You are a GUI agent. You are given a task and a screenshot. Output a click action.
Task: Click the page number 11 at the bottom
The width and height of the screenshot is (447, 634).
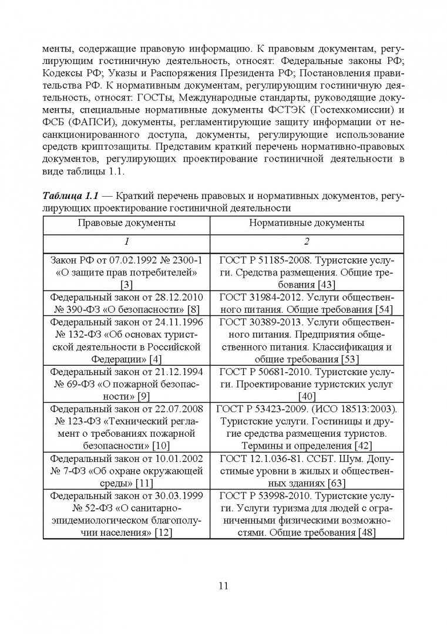click(223, 585)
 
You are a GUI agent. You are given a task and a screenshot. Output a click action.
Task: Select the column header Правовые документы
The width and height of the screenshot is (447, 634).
click(126, 223)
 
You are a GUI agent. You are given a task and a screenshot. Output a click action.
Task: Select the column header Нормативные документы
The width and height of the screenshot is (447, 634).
click(307, 223)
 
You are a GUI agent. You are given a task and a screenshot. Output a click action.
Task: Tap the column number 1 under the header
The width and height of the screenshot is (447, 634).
click(126, 242)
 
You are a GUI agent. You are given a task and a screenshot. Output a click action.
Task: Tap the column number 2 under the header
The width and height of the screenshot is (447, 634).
click(307, 242)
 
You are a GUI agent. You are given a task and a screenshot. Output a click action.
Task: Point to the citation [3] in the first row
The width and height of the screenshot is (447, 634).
click(126, 285)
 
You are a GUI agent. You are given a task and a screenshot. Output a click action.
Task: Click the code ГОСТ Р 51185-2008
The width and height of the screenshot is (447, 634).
click(264, 261)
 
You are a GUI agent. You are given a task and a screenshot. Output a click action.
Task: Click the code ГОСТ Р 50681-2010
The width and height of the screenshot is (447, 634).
click(264, 372)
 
